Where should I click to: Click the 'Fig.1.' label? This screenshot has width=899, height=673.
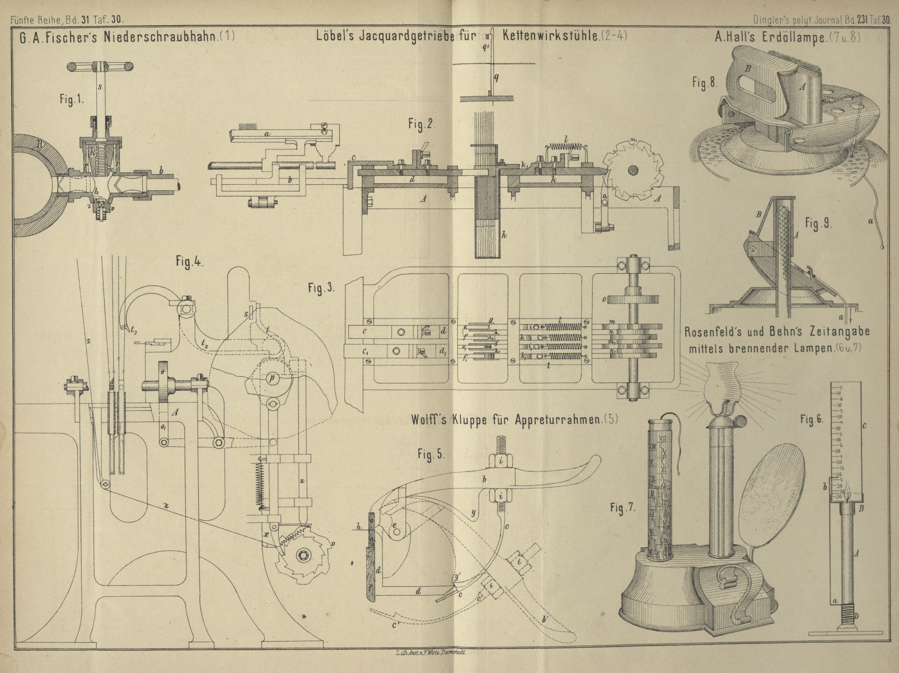click(x=72, y=100)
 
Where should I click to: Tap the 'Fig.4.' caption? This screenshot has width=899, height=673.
click(x=188, y=262)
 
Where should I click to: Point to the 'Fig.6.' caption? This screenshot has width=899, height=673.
click(x=812, y=419)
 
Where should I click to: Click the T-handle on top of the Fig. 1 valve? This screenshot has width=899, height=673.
click(x=101, y=67)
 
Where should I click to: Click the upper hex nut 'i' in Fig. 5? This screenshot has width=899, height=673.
click(x=498, y=461)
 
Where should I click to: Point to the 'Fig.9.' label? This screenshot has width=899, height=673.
click(x=819, y=224)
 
